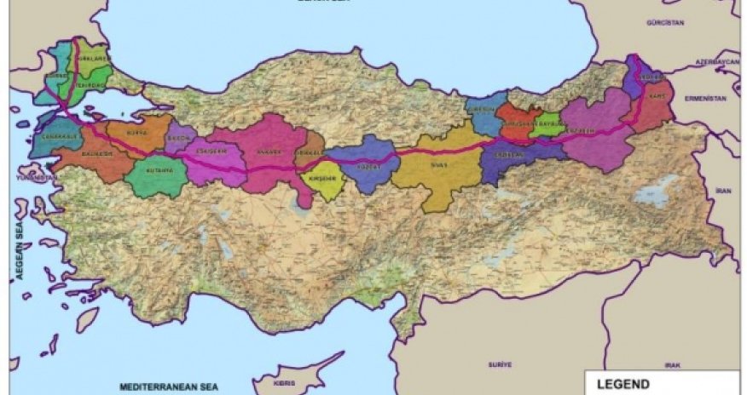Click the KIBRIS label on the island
(285, 383)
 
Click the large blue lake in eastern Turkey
(653, 192)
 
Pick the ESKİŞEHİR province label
(208, 153)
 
